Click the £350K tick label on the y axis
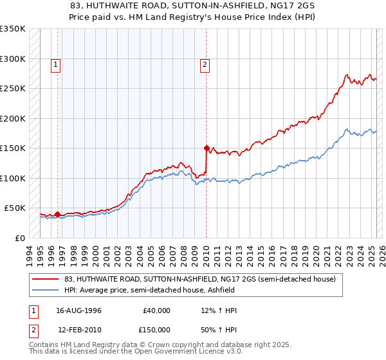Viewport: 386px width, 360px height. tap(12, 29)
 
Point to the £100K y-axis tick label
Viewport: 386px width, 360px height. tap(12, 178)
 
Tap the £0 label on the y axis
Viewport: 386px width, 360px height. tap(20, 238)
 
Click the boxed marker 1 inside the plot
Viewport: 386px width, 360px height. tap(56, 64)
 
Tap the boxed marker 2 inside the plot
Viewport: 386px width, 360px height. tap(205, 64)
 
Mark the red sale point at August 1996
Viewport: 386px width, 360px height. tap(57, 214)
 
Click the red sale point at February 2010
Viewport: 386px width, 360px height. tap(207, 148)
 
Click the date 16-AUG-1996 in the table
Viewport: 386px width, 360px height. tap(79, 310)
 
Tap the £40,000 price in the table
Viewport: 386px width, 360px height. tap(157, 310)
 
